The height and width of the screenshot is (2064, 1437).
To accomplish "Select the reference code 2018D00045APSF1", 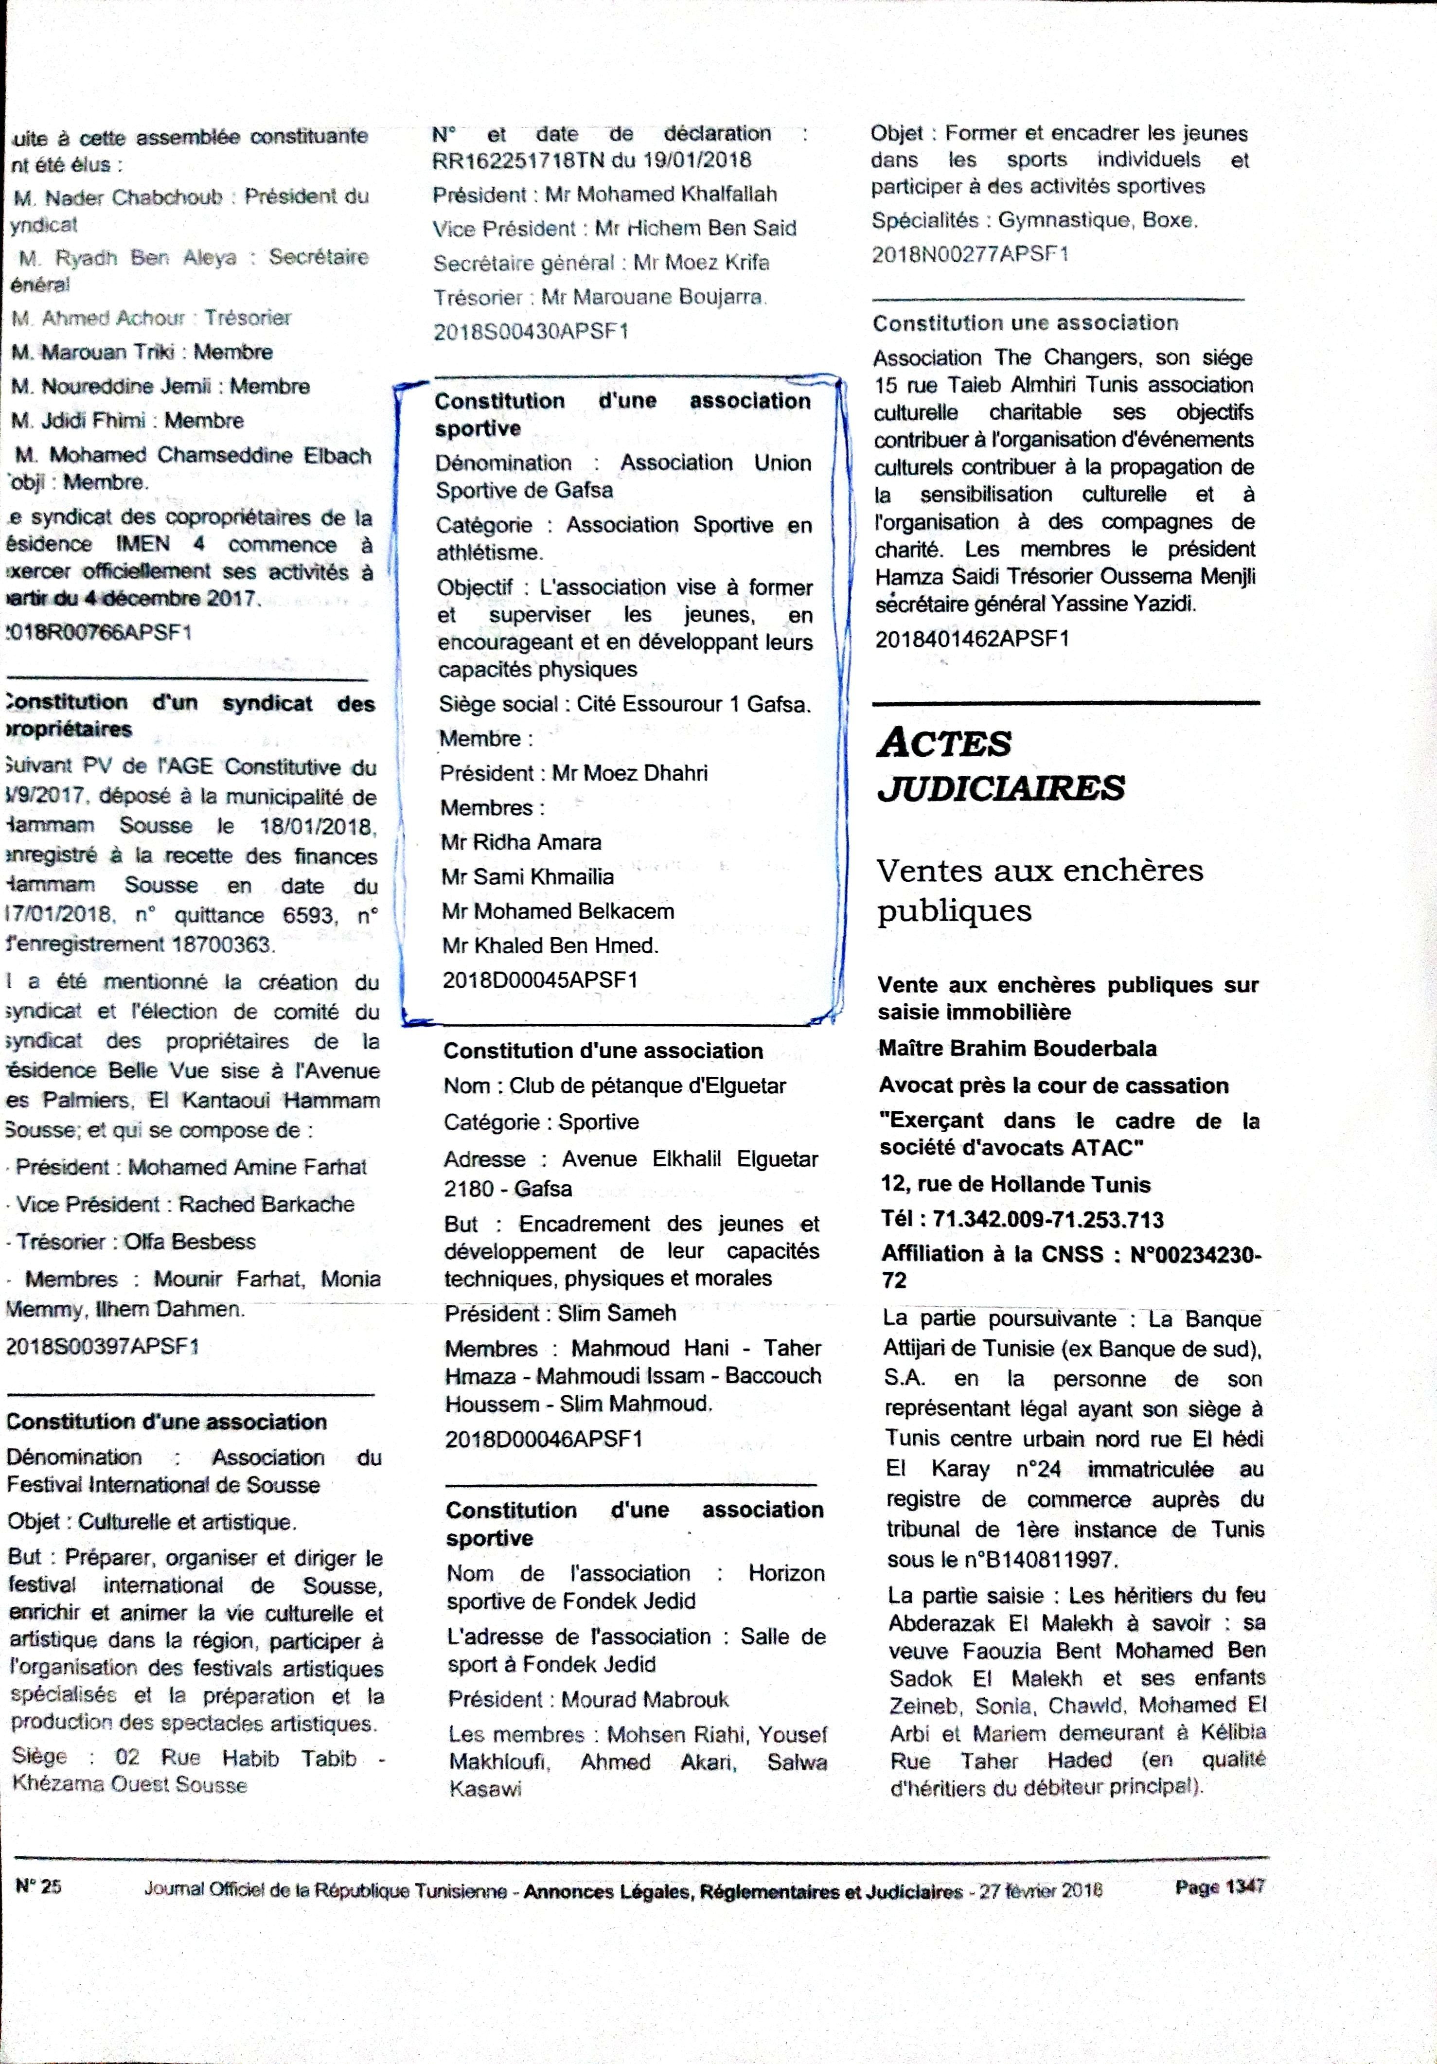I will (540, 980).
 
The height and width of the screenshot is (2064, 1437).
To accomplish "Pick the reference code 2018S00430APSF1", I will (531, 332).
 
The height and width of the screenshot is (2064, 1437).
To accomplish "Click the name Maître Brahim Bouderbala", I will (1017, 1048).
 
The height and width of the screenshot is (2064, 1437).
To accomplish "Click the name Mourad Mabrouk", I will (644, 1700).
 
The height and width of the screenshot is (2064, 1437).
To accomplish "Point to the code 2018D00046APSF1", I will (544, 1439).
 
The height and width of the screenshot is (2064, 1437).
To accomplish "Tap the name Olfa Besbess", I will (190, 1242).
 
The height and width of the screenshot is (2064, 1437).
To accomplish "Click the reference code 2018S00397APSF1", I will (102, 1347).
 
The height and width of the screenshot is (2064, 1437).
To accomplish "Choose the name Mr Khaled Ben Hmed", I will (550, 946).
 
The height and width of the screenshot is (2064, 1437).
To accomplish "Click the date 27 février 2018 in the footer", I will (1041, 1890).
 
